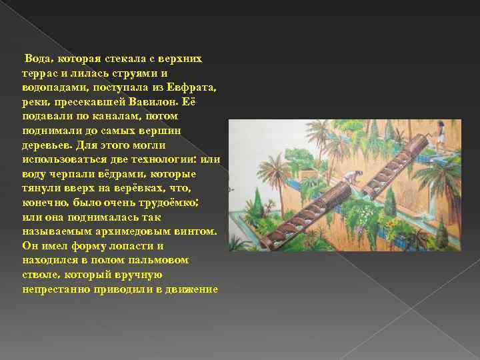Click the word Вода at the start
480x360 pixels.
pos(37,59)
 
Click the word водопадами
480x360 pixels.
pos(53,88)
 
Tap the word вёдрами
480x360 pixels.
pos(123,174)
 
